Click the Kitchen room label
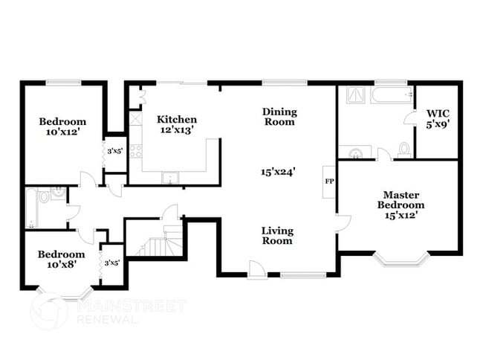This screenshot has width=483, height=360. click(176, 119)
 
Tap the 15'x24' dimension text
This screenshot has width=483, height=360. click(279, 171)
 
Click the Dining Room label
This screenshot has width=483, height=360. click(279, 117)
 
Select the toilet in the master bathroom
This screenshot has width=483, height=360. click(404, 149)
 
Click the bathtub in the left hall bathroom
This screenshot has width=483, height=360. click(30, 208)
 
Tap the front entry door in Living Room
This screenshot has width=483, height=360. click(257, 270)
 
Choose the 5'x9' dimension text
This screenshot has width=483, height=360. click(437, 126)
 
